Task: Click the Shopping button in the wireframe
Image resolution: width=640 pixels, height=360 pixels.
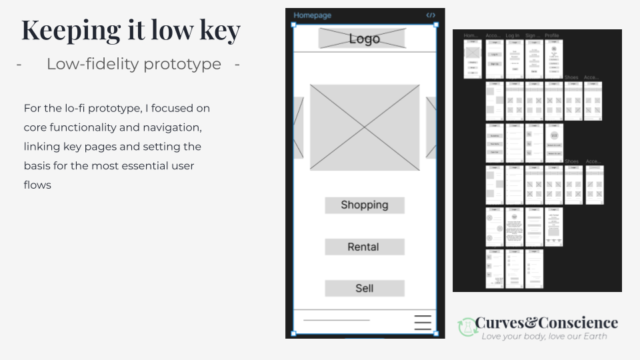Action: [x=364, y=205]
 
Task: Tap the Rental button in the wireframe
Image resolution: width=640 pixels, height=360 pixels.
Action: [x=364, y=247]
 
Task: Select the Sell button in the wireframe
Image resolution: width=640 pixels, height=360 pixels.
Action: [x=364, y=288]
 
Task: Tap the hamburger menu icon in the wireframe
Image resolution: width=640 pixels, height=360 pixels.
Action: [x=423, y=322]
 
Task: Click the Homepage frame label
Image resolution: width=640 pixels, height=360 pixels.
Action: [x=312, y=15]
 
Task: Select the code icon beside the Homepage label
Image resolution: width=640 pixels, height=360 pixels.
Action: [x=431, y=15]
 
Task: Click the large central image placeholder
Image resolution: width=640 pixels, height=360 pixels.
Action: [x=364, y=127]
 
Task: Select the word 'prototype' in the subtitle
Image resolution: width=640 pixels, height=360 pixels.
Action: [x=183, y=64]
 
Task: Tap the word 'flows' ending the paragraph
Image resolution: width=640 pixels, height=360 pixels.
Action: [x=37, y=185]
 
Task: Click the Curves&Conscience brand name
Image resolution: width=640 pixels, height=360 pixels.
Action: [x=547, y=323]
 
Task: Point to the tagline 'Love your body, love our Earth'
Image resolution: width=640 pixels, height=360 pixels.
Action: [x=545, y=337]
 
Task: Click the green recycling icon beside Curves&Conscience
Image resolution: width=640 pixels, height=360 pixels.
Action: [x=465, y=326]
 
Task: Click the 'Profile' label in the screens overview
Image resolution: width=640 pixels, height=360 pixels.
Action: [x=552, y=35]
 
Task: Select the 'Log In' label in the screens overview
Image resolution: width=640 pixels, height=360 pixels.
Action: [x=513, y=35]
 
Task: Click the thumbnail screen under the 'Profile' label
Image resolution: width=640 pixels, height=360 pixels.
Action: [x=553, y=59]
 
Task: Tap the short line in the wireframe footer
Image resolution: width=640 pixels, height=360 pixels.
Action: [x=336, y=321]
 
